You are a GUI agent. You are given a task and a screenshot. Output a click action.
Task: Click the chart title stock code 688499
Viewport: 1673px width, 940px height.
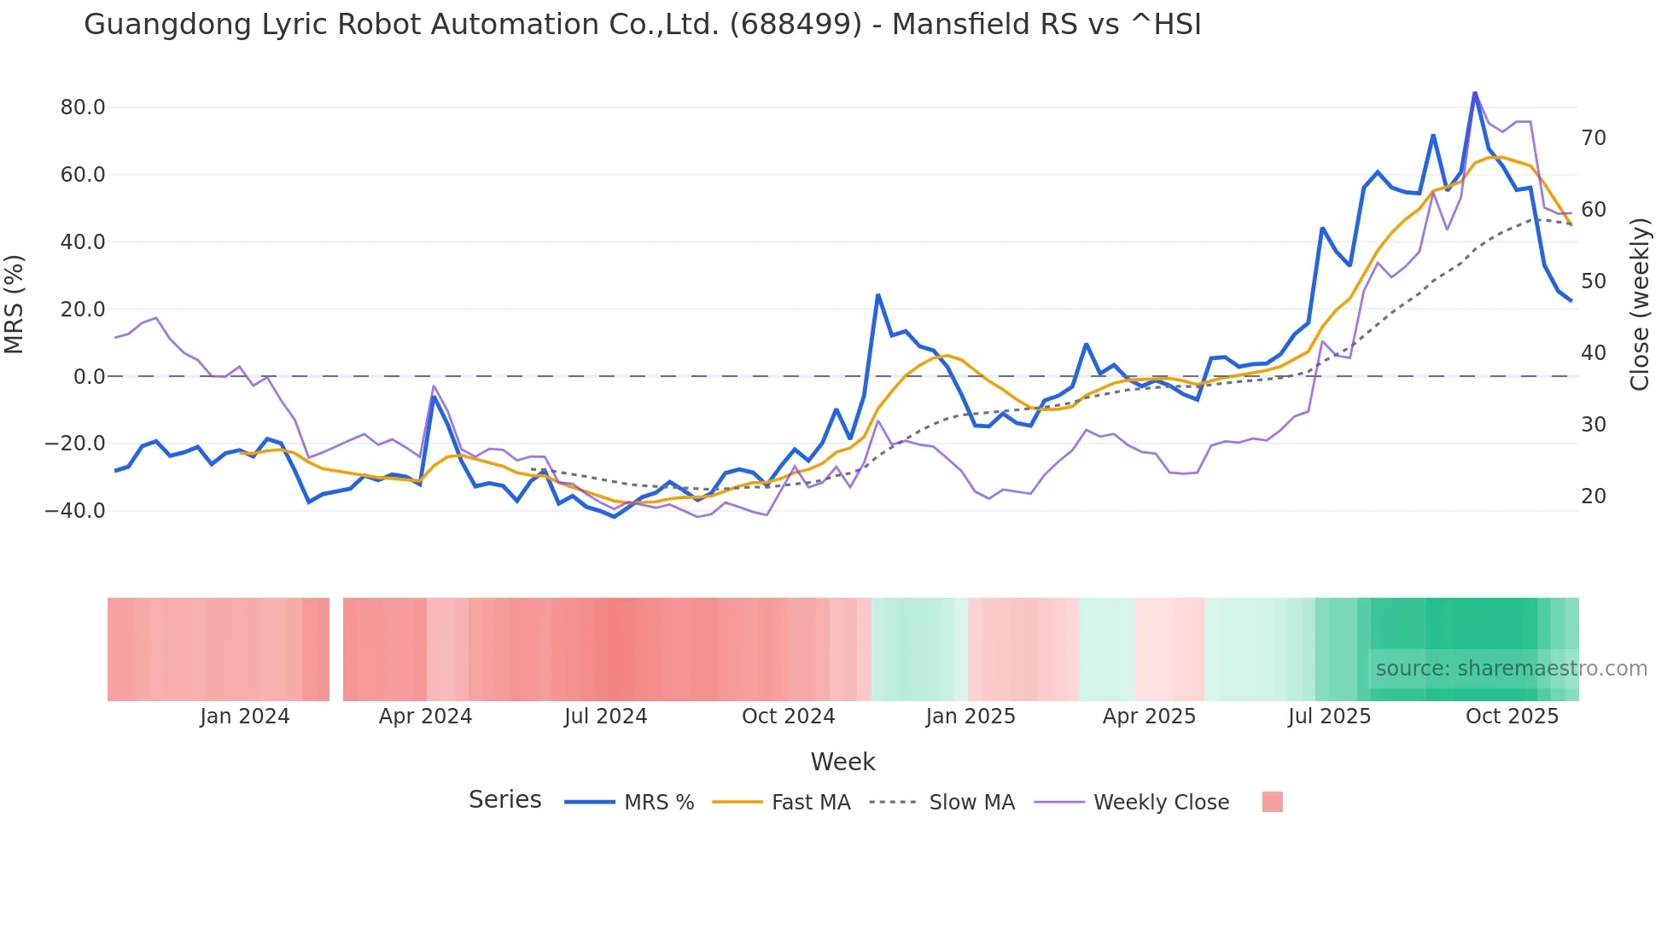click(796, 25)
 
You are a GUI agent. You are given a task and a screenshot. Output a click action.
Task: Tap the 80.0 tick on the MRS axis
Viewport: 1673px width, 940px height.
click(83, 107)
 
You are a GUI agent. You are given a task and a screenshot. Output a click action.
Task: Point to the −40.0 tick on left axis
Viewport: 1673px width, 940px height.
click(75, 511)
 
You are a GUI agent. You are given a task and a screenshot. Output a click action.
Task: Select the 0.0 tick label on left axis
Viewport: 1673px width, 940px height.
click(89, 376)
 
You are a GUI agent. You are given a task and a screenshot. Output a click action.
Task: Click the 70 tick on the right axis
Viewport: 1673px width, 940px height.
click(1594, 138)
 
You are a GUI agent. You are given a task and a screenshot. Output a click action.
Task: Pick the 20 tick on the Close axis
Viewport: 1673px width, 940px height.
click(1594, 496)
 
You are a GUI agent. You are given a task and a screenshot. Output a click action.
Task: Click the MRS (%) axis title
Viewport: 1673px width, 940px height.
click(15, 305)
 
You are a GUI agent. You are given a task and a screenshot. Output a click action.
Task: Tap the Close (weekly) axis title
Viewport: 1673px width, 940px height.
click(1640, 305)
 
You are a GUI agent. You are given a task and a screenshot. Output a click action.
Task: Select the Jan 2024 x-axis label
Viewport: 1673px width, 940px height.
click(245, 717)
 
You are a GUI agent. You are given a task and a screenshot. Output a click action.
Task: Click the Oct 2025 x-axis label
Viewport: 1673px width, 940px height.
click(1512, 717)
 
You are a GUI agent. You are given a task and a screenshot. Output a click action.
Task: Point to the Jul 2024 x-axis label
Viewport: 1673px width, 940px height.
click(606, 717)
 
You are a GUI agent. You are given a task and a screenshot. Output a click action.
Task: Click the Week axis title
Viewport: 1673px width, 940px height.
click(842, 762)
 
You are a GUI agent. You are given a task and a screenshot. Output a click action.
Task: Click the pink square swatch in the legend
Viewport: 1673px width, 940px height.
click(1272, 802)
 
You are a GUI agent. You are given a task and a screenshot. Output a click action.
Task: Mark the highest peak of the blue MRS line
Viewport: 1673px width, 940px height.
click(1474, 92)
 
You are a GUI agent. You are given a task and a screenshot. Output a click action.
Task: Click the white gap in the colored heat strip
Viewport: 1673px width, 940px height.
click(336, 649)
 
